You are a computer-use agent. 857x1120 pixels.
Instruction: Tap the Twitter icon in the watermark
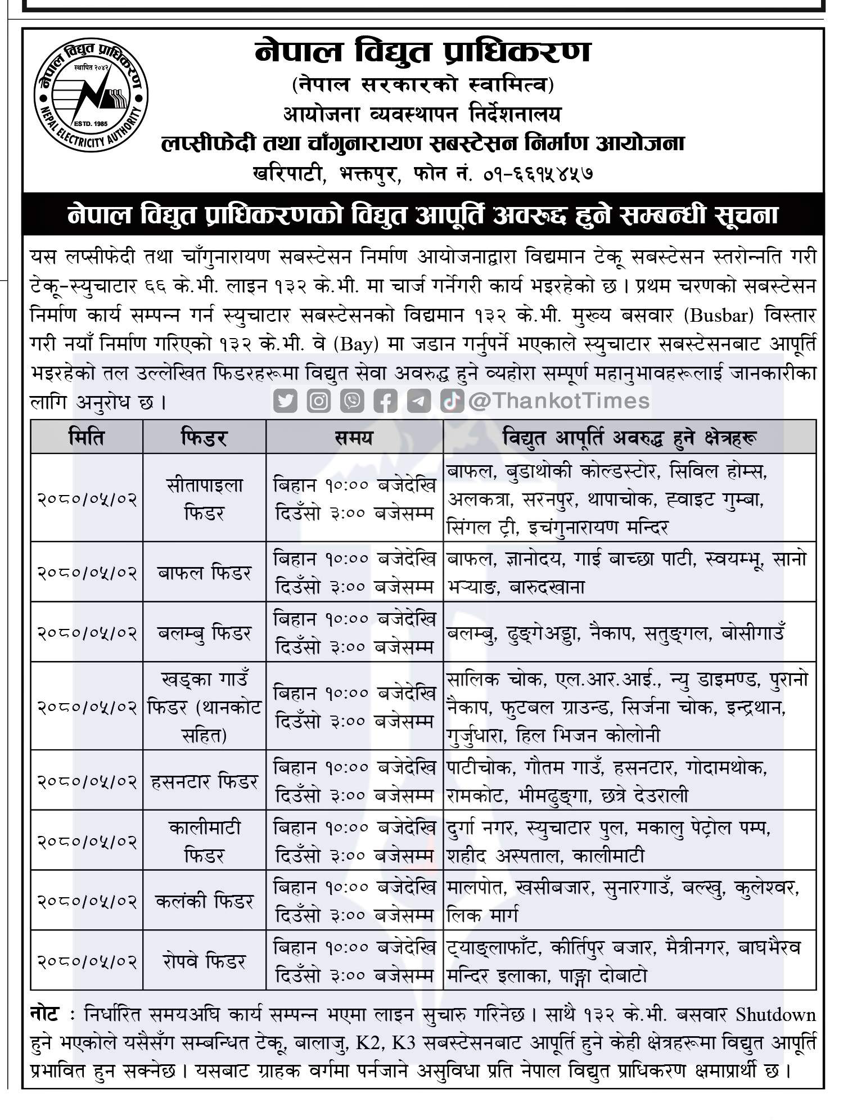point(286,401)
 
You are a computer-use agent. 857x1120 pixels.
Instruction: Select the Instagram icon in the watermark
point(319,401)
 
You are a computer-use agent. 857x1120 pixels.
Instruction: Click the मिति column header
point(87,437)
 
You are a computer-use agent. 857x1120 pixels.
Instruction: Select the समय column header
point(354,437)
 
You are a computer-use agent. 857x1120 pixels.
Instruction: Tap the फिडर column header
point(204,437)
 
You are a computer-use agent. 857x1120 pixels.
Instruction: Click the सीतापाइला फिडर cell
point(204,498)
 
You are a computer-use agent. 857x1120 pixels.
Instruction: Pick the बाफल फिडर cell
point(204,573)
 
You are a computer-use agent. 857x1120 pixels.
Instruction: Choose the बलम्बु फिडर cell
point(204,633)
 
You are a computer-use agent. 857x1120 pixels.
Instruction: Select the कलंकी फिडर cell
point(204,901)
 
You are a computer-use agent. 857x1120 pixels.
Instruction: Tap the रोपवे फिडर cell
point(204,961)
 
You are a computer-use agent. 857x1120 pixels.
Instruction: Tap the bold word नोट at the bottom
point(45,1014)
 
